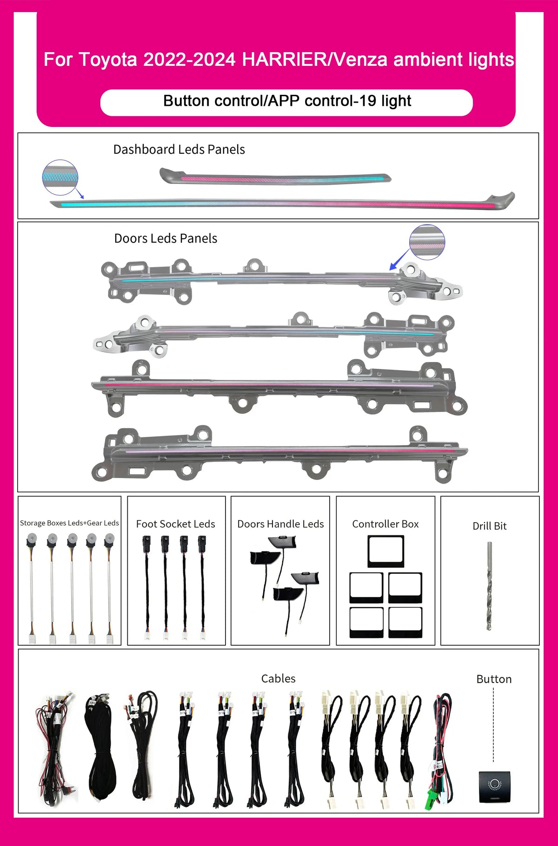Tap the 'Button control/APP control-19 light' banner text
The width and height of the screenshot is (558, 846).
[287, 101]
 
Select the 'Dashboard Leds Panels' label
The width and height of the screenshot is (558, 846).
[179, 149]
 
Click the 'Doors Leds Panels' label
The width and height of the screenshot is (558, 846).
[166, 238]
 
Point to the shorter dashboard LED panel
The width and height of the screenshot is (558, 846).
[275, 177]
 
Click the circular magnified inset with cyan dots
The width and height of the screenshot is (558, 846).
[60, 177]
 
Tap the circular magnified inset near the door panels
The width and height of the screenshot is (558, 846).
[427, 242]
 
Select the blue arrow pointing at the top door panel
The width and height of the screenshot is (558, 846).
[399, 259]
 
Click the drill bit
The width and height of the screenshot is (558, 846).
[489, 586]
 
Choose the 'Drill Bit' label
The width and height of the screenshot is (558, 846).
[489, 526]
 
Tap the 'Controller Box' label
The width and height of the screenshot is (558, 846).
[385, 524]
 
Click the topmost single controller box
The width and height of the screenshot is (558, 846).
[386, 551]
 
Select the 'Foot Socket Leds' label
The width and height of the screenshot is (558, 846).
[176, 524]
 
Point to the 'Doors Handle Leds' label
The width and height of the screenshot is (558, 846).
[280, 524]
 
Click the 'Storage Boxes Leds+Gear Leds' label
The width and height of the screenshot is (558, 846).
[69, 523]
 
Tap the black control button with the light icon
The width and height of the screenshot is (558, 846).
[494, 787]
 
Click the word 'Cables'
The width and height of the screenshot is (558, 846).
[278, 678]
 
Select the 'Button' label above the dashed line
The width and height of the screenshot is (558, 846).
[494, 679]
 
